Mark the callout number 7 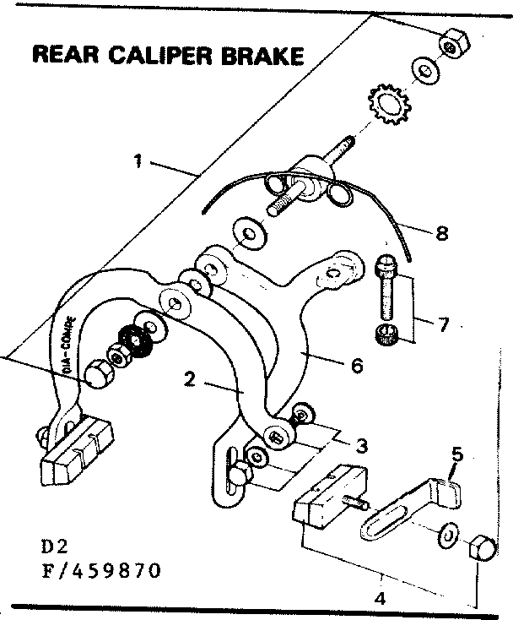pyautogui.click(x=444, y=324)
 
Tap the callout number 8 pyautogui.click(x=440, y=234)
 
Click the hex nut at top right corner pyautogui.click(x=453, y=44)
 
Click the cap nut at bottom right pyautogui.click(x=481, y=547)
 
